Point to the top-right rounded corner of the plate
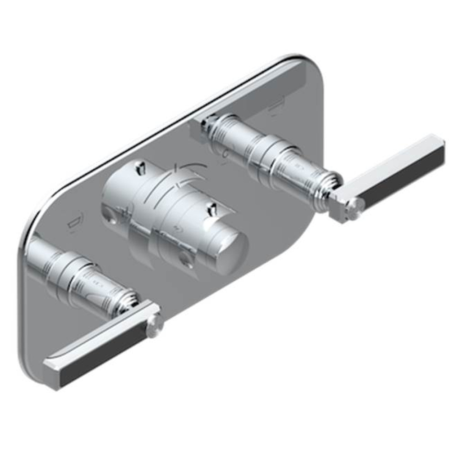(x=311, y=67)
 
